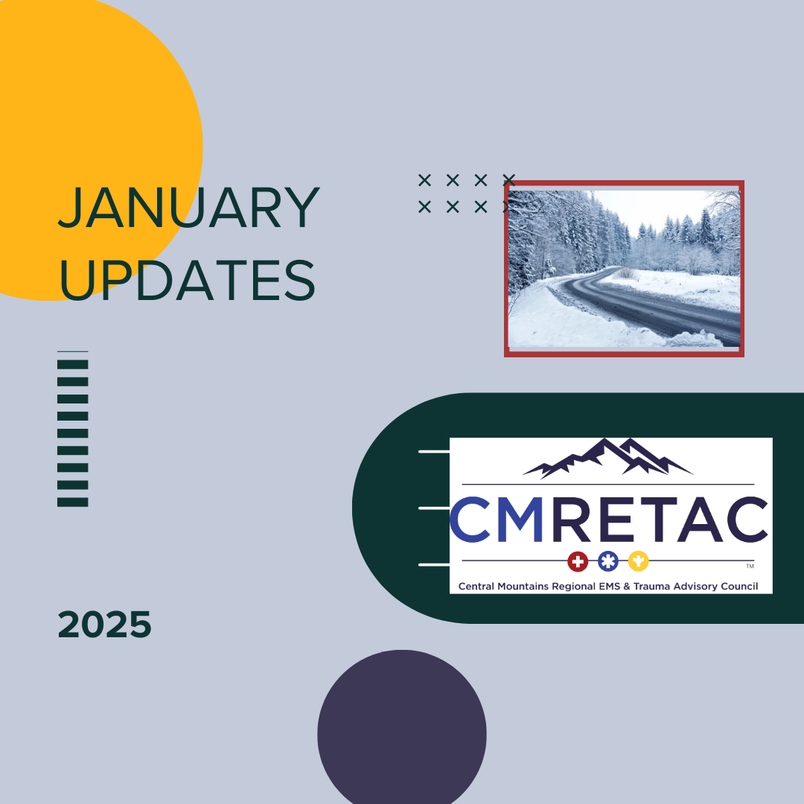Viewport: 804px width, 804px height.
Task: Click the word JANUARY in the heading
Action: click(188, 208)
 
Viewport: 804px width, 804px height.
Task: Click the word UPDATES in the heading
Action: click(187, 279)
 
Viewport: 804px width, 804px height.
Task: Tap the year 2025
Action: click(105, 625)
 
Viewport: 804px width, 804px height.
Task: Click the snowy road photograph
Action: click(624, 269)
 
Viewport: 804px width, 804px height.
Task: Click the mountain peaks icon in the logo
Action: click(608, 458)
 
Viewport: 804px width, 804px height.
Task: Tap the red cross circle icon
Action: click(578, 561)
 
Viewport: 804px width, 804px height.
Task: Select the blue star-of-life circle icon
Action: click(608, 561)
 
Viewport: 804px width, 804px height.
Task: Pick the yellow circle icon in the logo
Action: click(639, 561)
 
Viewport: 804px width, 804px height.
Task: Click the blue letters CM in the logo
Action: click(497, 519)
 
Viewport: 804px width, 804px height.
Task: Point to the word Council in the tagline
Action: click(739, 586)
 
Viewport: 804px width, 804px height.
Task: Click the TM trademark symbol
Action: click(750, 567)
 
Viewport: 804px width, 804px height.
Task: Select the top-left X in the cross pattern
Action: click(424, 180)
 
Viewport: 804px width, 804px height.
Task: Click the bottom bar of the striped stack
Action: click(73, 502)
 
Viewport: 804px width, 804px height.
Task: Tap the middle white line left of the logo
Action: click(434, 508)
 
